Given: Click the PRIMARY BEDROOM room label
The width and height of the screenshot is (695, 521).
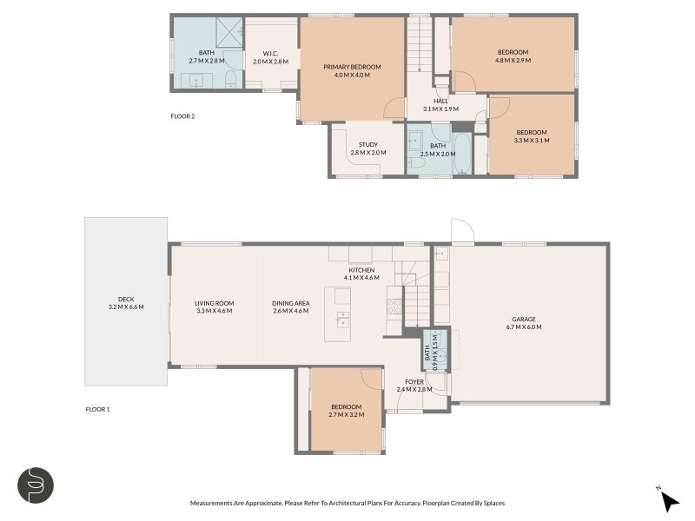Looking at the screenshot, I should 352,67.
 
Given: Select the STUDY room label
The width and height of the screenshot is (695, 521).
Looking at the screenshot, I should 367,145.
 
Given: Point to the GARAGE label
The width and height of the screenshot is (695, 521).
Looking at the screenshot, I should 523,319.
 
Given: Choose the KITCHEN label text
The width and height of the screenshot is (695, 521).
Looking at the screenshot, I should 361,270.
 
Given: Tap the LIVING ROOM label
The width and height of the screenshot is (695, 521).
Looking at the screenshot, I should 214,303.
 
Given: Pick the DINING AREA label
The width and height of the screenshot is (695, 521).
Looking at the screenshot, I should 290,303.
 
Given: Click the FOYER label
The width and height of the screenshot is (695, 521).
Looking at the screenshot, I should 414,381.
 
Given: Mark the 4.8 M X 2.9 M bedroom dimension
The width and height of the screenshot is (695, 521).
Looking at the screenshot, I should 513,61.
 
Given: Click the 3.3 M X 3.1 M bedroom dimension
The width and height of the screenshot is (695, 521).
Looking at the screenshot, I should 532,140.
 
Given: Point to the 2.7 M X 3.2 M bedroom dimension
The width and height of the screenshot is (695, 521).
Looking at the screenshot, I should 346,414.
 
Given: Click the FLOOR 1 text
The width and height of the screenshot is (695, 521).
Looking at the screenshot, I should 97,409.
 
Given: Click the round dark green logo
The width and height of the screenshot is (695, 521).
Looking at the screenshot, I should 36,485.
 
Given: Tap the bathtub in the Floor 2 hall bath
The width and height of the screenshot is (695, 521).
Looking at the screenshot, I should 463,153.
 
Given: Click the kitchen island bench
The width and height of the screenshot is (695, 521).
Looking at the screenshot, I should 343,313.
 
